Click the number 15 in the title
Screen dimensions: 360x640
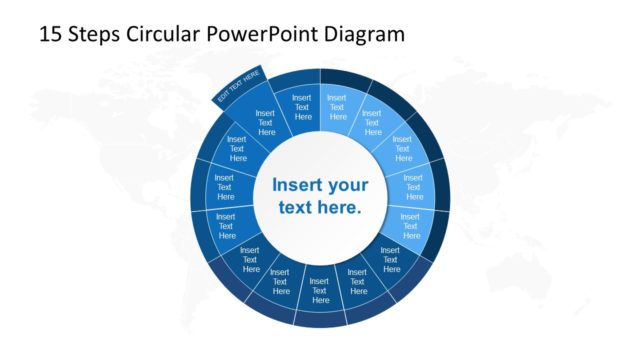50,34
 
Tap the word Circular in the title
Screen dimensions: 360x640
167,34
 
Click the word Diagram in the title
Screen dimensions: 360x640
369,34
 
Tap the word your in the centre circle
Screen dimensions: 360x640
348,185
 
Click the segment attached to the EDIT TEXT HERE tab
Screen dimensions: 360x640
266,122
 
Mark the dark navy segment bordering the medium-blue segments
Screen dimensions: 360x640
249,258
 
